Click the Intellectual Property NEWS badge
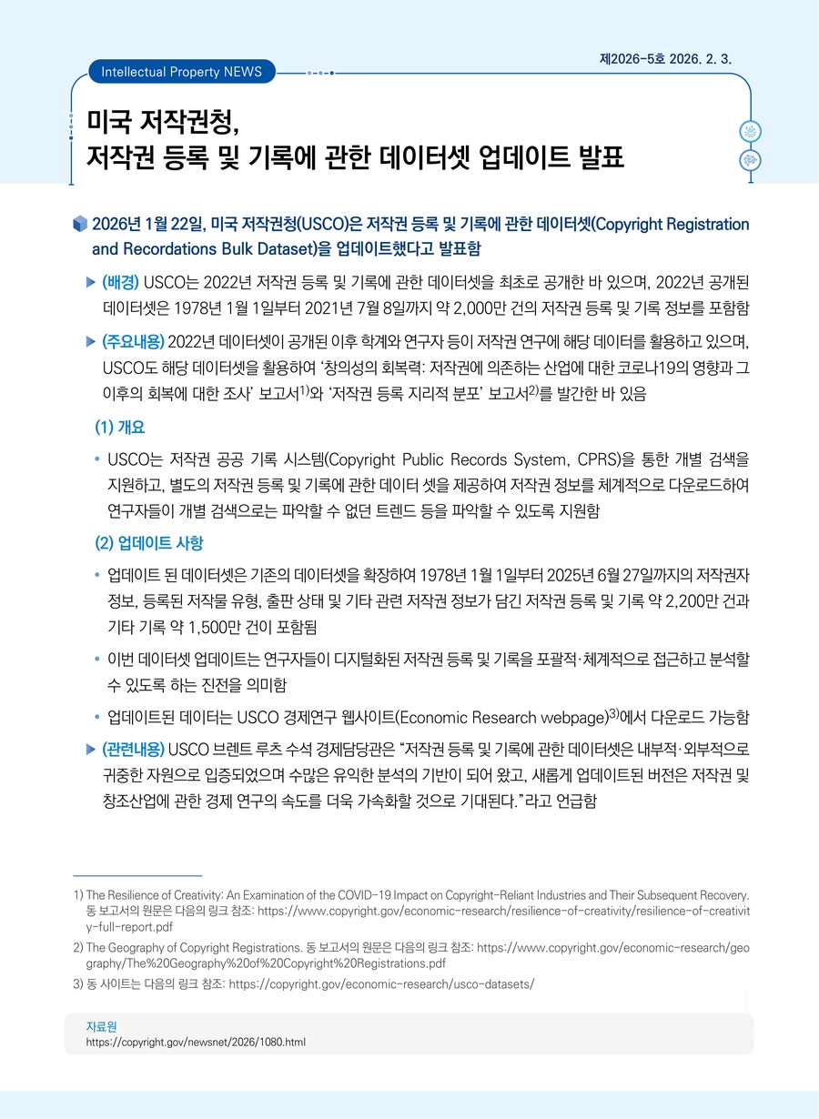pos(182,71)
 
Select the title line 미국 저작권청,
pos(163,118)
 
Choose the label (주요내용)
pos(133,341)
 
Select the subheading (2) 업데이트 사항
pos(149,543)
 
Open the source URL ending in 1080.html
pos(195,1041)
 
